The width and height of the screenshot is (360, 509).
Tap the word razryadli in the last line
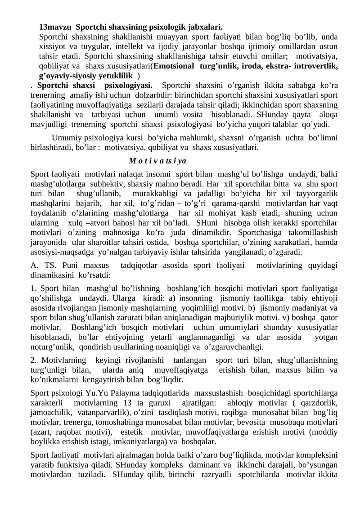[x=216, y=474]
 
